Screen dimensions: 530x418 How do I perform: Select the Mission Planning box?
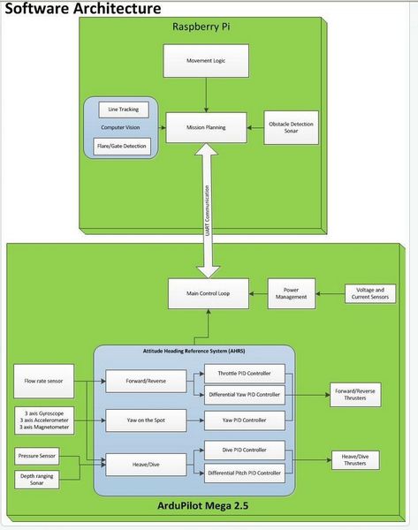206,127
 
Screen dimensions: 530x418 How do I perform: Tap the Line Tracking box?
124,110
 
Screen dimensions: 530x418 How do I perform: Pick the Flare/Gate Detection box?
124,145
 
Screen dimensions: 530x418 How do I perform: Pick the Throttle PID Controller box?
244,373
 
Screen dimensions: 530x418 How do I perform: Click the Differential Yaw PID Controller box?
244,393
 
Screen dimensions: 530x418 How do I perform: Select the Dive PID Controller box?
244,450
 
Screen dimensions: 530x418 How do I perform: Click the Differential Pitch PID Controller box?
244,473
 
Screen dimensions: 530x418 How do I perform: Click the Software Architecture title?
83,10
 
